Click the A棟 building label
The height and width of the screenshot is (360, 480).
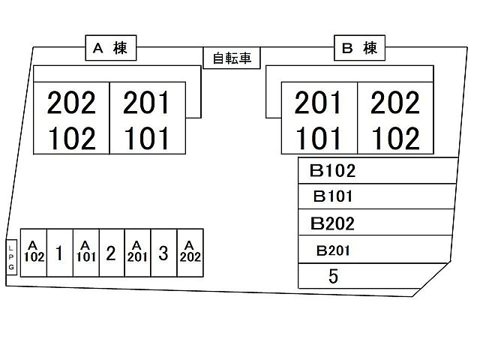[x=109, y=49]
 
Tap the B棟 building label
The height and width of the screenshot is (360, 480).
[x=359, y=49]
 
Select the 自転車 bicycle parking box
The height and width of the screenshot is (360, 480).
[x=232, y=58]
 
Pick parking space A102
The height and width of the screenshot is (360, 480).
[x=33, y=253]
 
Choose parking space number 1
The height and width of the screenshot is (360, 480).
[x=59, y=253]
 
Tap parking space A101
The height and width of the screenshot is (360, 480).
[x=85, y=253]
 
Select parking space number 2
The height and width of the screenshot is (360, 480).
[x=111, y=253]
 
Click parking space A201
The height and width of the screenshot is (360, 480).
[x=137, y=253]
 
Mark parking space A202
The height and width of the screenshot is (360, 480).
[x=190, y=253]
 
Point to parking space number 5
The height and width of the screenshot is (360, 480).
[x=334, y=276]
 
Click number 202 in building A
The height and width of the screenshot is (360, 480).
[x=72, y=103]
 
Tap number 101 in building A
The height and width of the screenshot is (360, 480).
[x=147, y=139]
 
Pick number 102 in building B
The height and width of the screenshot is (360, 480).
[x=395, y=139]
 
